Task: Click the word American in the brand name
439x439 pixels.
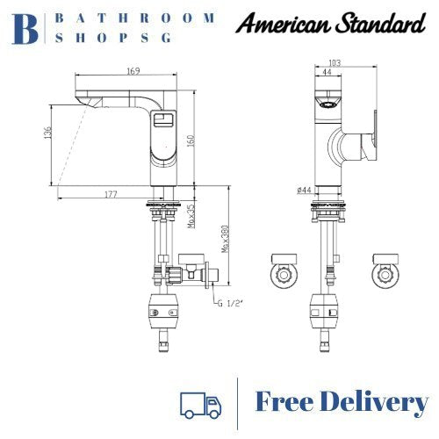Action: click(x=283, y=22)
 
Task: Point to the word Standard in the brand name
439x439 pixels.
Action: click(x=378, y=22)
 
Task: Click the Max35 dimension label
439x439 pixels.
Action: click(x=191, y=216)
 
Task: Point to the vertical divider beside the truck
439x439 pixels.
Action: click(x=239, y=404)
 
